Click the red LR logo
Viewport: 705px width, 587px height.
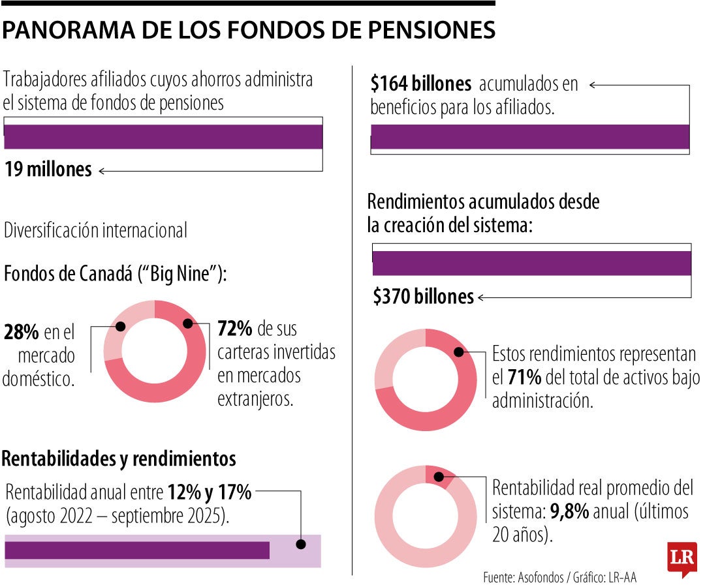click(681, 558)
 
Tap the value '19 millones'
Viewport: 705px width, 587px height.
click(48, 170)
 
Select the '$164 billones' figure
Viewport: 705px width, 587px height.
click(420, 84)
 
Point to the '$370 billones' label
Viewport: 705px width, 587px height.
click(423, 297)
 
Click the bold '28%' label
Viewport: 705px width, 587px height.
click(21, 333)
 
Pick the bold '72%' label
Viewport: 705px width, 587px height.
click(234, 328)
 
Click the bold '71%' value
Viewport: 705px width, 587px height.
click(524, 377)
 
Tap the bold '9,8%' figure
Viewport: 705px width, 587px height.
click(570, 512)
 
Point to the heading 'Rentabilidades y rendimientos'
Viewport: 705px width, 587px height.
click(119, 459)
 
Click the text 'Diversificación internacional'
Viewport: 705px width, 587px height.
click(95, 230)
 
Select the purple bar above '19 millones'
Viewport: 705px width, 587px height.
click(163, 137)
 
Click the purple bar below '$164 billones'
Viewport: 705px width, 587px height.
click(530, 137)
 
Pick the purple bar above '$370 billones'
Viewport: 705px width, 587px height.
click(531, 263)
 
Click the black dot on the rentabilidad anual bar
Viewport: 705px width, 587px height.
click(300, 544)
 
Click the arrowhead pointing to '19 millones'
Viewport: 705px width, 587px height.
click(102, 171)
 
